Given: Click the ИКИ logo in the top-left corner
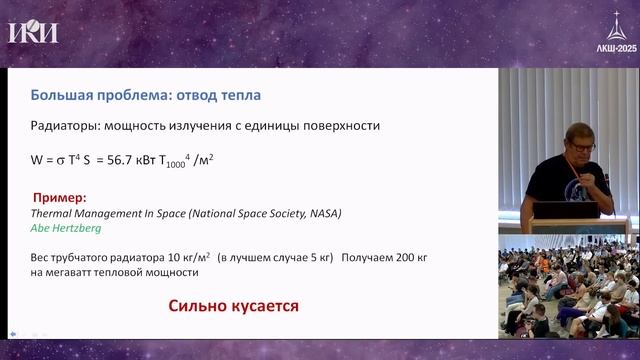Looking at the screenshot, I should [x=32, y=32].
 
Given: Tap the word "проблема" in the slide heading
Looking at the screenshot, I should [x=133, y=96].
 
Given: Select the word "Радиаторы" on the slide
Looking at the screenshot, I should [x=62, y=127].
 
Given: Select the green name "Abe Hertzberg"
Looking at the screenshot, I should [x=66, y=227].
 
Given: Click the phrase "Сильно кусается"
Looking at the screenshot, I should [x=233, y=305].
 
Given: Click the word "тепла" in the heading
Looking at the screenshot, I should [x=238, y=96].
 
